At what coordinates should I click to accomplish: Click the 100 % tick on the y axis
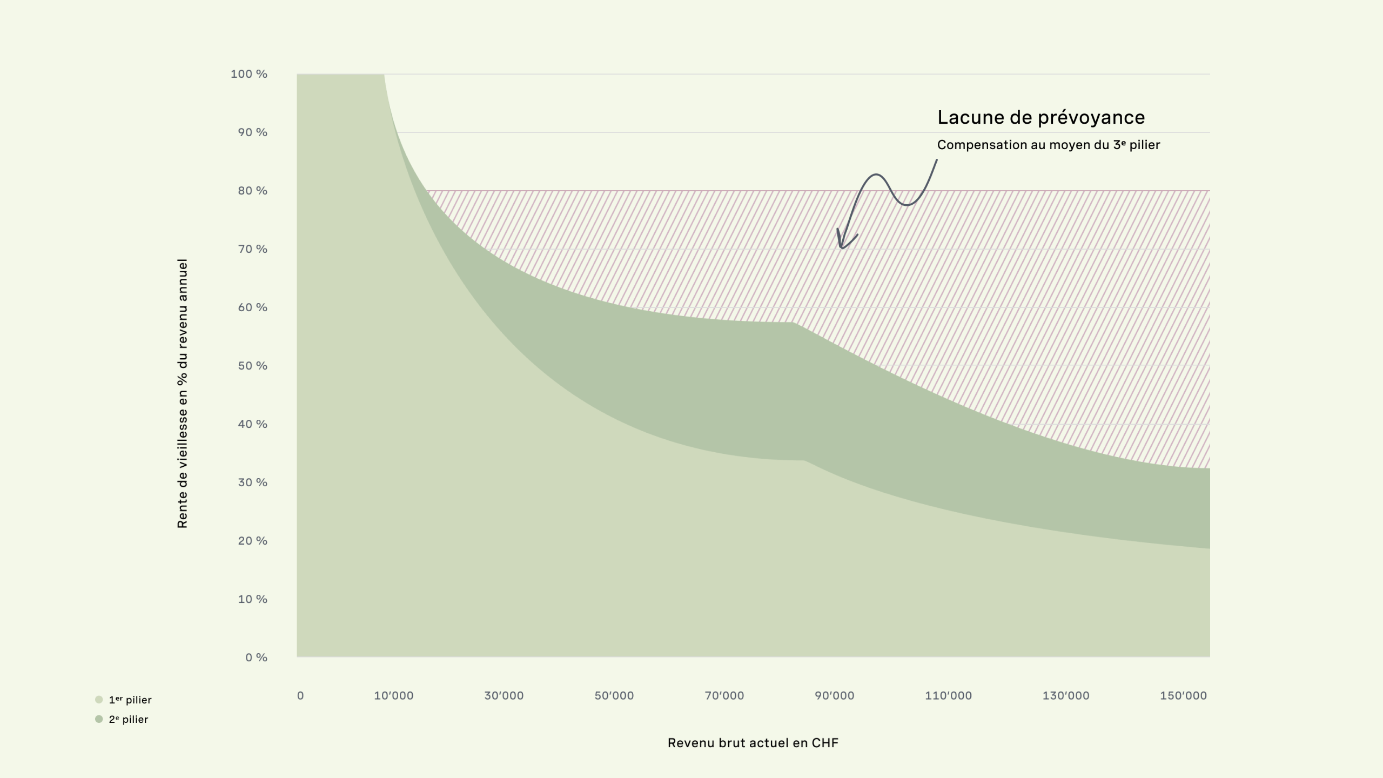(249, 74)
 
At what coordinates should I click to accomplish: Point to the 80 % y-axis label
(252, 191)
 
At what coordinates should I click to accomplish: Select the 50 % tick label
(252, 366)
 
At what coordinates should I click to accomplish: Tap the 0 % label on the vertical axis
(256, 658)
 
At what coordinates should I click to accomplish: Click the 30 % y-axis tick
(252, 482)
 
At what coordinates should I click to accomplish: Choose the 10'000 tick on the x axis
(393, 696)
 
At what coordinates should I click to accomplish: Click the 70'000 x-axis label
(724, 696)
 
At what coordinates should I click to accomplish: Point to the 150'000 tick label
(1183, 696)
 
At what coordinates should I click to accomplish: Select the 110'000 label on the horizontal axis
(948, 696)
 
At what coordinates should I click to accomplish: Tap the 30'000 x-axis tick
(503, 696)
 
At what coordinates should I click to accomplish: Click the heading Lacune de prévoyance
(1040, 118)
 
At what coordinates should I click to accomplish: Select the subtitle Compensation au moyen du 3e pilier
(1048, 145)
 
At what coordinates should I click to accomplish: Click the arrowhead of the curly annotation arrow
(841, 246)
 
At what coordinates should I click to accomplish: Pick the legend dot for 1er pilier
(99, 700)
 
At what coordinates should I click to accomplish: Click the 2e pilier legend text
(129, 720)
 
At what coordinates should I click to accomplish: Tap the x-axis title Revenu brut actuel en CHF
(753, 743)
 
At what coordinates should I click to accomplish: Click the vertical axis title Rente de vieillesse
(183, 393)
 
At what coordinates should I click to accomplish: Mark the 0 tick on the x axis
(300, 696)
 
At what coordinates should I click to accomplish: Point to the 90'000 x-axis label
(834, 696)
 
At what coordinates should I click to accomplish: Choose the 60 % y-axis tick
(252, 307)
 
